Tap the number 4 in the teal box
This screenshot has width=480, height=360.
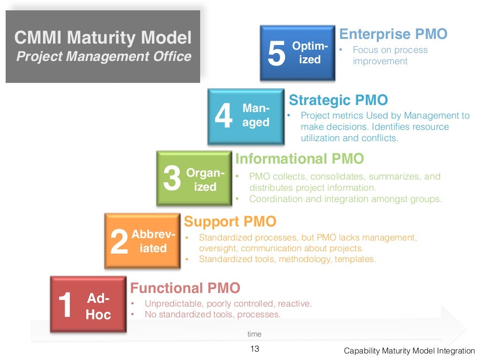pos(224,117)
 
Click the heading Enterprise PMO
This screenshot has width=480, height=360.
pos(393,34)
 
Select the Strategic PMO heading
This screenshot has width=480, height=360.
pos(338,100)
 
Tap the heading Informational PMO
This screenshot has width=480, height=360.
pos(300,159)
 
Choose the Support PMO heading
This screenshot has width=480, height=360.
pos(230,221)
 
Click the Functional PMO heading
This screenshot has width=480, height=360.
pos(185,288)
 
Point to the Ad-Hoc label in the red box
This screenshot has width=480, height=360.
pos(98,307)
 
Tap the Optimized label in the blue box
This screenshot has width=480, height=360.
pos(309,53)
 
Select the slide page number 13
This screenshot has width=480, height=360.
pos(255,349)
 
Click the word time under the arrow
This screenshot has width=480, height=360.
pos(255,334)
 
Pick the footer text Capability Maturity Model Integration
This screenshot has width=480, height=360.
pos(409,351)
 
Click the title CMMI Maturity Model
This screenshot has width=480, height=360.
pos(103,37)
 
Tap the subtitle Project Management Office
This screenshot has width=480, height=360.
pos(104,57)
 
